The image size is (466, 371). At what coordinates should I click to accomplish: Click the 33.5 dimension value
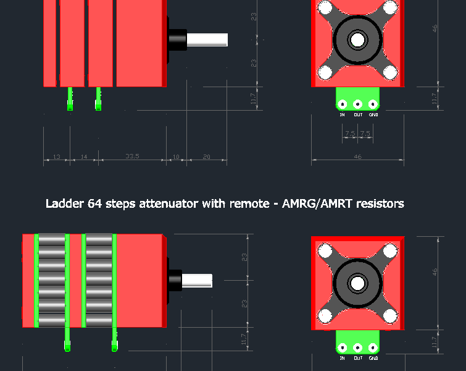[x=133, y=156]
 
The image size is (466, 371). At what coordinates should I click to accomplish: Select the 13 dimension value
[x=56, y=157]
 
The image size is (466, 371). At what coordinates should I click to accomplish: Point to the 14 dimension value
[x=83, y=157]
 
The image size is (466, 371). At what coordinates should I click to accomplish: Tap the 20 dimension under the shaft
[x=207, y=157]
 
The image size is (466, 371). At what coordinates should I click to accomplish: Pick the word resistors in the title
[x=378, y=203]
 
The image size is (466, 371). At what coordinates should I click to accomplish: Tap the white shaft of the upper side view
[x=207, y=39]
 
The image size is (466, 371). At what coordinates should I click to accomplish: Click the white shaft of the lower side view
[x=197, y=279]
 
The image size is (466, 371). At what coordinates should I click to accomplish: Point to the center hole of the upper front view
[x=357, y=40]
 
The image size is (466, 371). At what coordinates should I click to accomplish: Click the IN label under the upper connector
[x=342, y=114]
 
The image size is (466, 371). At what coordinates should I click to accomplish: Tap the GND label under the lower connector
[x=373, y=358]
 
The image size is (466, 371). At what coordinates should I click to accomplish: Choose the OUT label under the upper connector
[x=358, y=114]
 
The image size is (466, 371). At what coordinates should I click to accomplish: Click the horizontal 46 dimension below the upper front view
[x=357, y=157]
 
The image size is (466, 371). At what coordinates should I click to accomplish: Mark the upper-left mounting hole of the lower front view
[x=325, y=251]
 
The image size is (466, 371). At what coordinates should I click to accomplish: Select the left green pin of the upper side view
[x=70, y=99]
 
